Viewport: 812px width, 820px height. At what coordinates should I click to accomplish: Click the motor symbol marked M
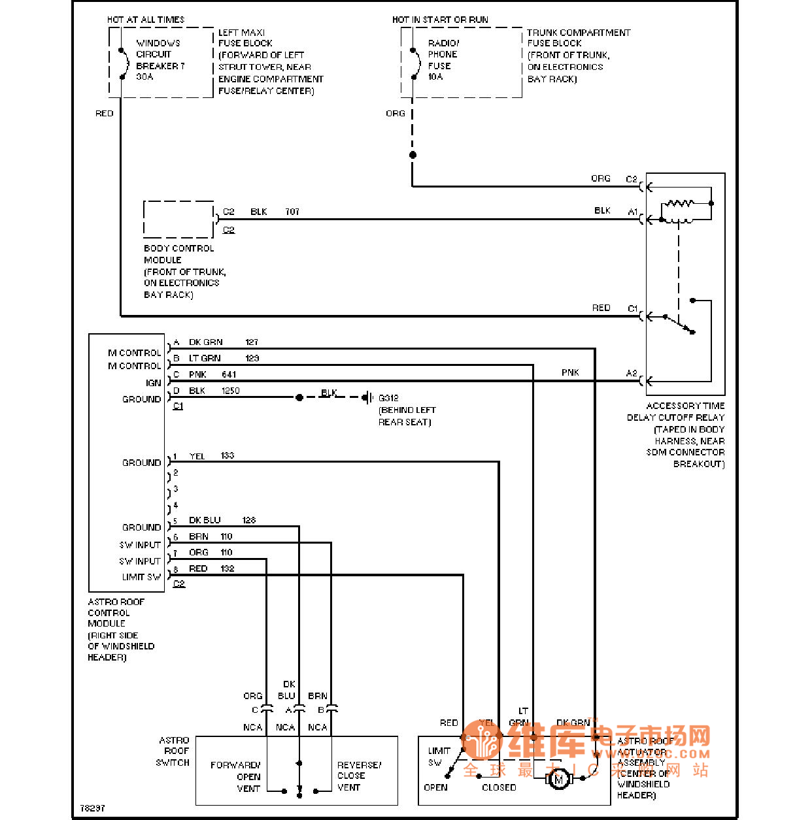pyautogui.click(x=558, y=779)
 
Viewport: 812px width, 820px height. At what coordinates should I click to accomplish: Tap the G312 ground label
pyautogui.click(x=388, y=397)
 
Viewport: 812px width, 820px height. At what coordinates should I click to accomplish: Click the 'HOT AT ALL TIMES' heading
pyautogui.click(x=146, y=20)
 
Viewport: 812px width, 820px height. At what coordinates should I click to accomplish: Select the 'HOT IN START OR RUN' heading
pyautogui.click(x=440, y=20)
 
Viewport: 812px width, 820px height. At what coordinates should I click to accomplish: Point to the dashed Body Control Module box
pyautogui.click(x=178, y=219)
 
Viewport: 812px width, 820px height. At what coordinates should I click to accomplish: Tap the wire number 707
pyautogui.click(x=292, y=212)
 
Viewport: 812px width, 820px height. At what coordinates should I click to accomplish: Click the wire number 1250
pyautogui.click(x=230, y=391)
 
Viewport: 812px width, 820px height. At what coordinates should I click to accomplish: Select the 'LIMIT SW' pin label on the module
pyautogui.click(x=141, y=577)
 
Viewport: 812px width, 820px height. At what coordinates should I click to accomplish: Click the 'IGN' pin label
pyautogui.click(x=153, y=383)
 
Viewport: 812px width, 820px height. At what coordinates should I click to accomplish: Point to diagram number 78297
pyautogui.click(x=92, y=808)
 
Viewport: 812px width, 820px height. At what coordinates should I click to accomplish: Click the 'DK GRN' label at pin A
pyautogui.click(x=205, y=342)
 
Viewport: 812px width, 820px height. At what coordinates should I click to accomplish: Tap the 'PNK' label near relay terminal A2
pyautogui.click(x=570, y=372)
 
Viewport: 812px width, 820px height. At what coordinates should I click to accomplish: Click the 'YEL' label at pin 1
pyautogui.click(x=197, y=456)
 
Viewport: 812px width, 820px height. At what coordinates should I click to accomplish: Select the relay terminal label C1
pyautogui.click(x=632, y=308)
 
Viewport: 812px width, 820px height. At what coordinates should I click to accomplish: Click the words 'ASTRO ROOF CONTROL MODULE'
pyautogui.click(x=116, y=612)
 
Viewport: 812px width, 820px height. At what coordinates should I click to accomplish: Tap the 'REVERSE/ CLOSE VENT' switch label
pyautogui.click(x=359, y=776)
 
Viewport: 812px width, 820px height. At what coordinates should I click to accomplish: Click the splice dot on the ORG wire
pyautogui.click(x=413, y=155)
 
